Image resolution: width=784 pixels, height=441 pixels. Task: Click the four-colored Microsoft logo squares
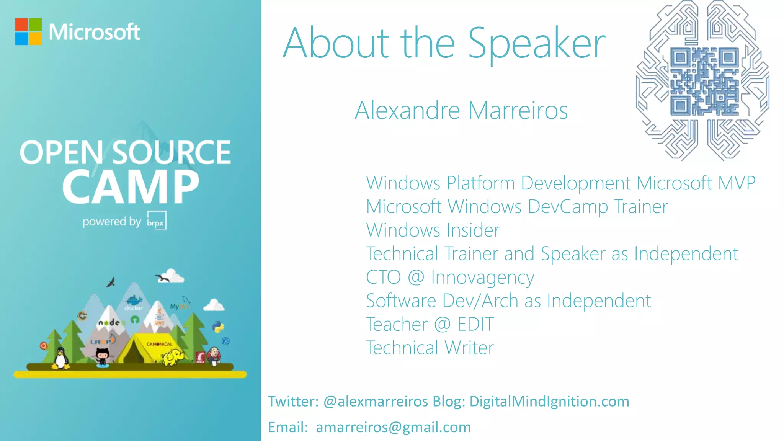28,32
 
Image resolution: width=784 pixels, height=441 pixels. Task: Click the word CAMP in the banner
131,187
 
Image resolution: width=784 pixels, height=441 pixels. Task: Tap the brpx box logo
157,220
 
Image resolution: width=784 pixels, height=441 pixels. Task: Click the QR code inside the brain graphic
704,82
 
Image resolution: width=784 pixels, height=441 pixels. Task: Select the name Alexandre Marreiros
461,111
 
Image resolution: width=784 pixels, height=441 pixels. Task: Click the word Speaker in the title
536,44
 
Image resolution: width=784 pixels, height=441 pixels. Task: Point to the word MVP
737,183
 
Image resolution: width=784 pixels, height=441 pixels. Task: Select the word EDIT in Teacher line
475,324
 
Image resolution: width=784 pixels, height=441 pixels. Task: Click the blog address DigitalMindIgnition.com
549,401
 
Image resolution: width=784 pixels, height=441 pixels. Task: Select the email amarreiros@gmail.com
393,427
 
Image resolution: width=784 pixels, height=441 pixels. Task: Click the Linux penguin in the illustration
60,358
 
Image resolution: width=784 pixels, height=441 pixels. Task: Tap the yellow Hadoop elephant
173,358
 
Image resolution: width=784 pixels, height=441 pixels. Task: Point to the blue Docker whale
134,301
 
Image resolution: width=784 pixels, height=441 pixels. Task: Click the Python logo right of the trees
218,327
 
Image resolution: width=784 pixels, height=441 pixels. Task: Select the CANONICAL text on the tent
159,344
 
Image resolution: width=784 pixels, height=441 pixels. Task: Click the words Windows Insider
433,230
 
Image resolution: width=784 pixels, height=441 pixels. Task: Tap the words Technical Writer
430,348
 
